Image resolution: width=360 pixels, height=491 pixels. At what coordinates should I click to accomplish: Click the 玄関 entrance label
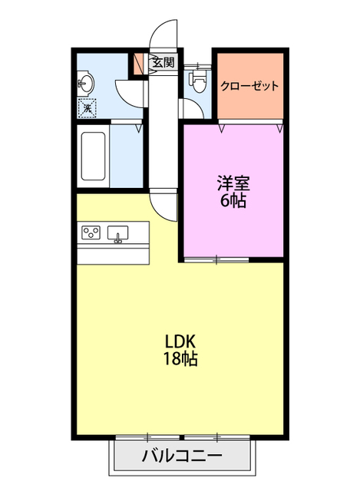click(163, 63)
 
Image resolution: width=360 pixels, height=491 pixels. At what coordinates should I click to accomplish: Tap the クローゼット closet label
click(249, 86)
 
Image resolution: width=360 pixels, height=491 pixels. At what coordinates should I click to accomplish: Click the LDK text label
click(180, 341)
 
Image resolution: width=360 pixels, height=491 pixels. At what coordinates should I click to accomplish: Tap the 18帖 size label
click(180, 359)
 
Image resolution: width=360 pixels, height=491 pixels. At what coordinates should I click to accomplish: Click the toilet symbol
click(198, 81)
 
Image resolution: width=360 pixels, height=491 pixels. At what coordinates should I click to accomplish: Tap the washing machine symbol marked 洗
click(88, 108)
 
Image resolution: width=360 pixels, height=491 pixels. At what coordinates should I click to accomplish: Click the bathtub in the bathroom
click(93, 157)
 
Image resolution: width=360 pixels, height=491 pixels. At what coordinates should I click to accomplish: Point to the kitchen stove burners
click(91, 232)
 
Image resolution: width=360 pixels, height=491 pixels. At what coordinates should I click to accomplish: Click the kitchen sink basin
click(118, 232)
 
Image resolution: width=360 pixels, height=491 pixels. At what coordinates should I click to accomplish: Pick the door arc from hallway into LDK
click(164, 203)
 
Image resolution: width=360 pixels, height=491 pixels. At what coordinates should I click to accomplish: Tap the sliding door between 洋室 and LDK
click(216, 261)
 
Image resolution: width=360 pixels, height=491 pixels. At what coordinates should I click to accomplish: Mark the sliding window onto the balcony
click(183, 438)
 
